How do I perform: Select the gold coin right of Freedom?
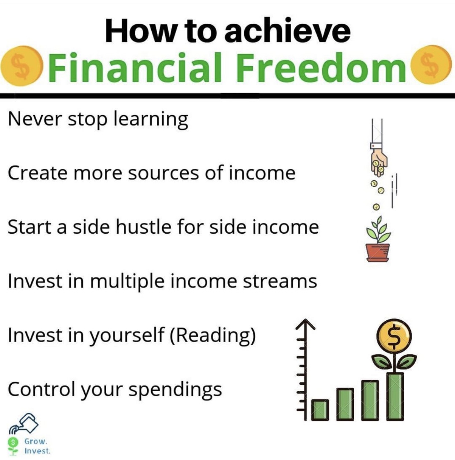[x=431, y=65]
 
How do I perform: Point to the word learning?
[x=151, y=120]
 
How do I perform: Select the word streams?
[x=280, y=281]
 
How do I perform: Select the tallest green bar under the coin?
[x=395, y=396]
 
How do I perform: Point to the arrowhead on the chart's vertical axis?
[x=306, y=324]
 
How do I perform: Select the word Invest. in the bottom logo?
[x=38, y=451]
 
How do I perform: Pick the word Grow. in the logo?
[x=36, y=441]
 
